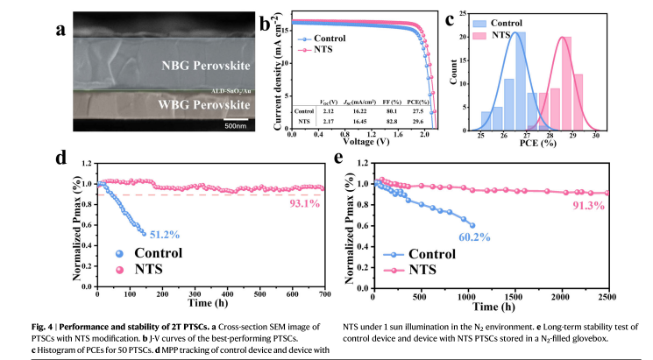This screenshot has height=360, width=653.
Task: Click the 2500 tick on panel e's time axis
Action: point(631,296)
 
